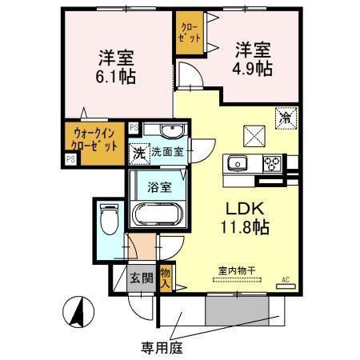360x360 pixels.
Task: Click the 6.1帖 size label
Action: (x=117, y=77)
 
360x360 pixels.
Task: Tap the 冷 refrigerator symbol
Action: (x=286, y=118)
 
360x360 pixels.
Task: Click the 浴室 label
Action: (x=158, y=188)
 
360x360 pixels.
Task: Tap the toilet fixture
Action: (x=110, y=218)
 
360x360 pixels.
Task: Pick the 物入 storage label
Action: (x=166, y=277)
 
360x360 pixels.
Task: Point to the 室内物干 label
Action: (x=235, y=270)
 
